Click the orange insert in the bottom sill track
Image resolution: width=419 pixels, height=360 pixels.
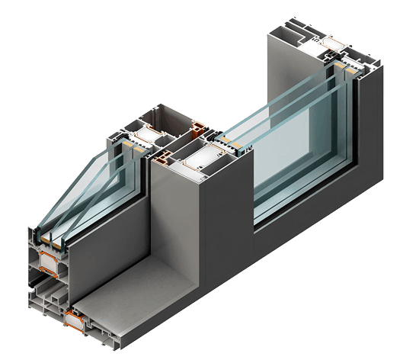pyautogui.click(x=75, y=317)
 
